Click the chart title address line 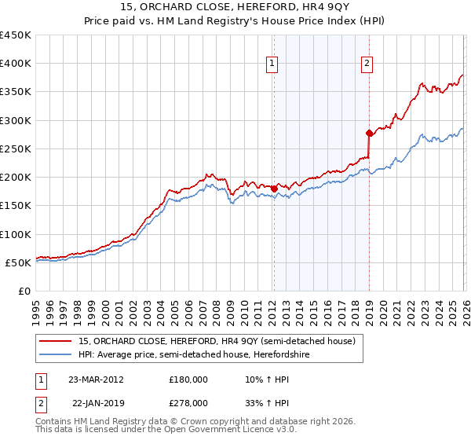[235, 9]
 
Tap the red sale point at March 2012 [274, 188]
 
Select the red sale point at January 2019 [369, 133]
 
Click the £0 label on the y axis [24, 291]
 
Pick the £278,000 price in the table [188, 402]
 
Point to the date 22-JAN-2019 [96, 402]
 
